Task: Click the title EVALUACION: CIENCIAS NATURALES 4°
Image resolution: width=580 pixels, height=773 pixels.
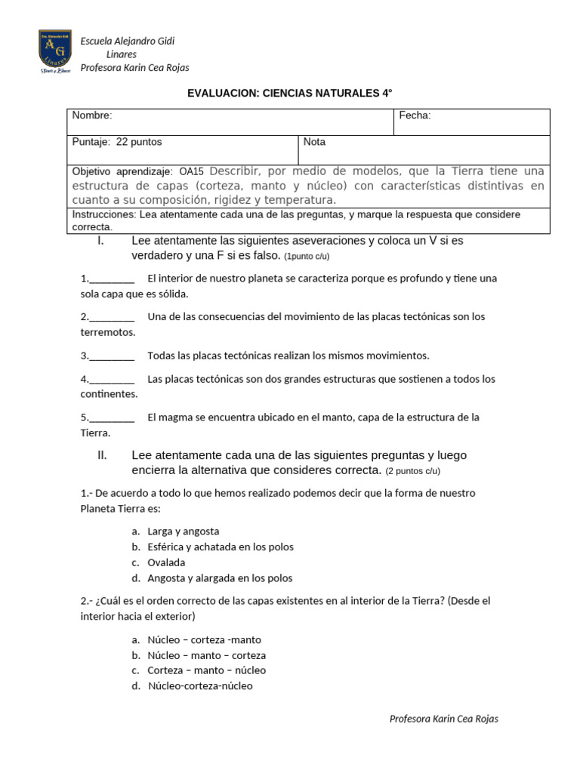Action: pyautogui.click(x=290, y=93)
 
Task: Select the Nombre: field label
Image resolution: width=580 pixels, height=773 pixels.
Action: pyautogui.click(x=92, y=115)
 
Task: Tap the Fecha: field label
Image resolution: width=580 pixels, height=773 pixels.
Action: pyautogui.click(x=415, y=115)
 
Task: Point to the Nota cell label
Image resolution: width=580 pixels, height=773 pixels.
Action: pyautogui.click(x=314, y=142)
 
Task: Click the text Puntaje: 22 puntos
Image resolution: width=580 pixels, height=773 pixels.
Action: pyautogui.click(x=117, y=142)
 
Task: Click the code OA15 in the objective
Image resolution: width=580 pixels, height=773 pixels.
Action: pyautogui.click(x=192, y=171)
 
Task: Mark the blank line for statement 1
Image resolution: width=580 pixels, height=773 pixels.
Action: pyautogui.click(x=112, y=279)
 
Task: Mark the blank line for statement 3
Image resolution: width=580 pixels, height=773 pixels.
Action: pyautogui.click(x=112, y=356)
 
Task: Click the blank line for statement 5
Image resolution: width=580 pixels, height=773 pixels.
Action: pyautogui.click(x=112, y=417)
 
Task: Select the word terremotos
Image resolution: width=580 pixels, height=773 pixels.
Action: pyautogui.click(x=108, y=332)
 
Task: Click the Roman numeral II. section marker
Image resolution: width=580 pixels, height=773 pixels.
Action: pyautogui.click(x=103, y=455)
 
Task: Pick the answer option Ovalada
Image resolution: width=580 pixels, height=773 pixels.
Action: pyautogui.click(x=166, y=562)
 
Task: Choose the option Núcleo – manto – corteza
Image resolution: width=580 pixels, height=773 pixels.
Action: pyautogui.click(x=206, y=655)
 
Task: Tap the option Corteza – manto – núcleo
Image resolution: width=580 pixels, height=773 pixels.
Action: pyautogui.click(x=206, y=670)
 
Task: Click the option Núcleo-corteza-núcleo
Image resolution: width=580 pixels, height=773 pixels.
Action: pyautogui.click(x=200, y=686)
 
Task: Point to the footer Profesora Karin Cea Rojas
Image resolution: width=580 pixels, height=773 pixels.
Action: pyautogui.click(x=443, y=719)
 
